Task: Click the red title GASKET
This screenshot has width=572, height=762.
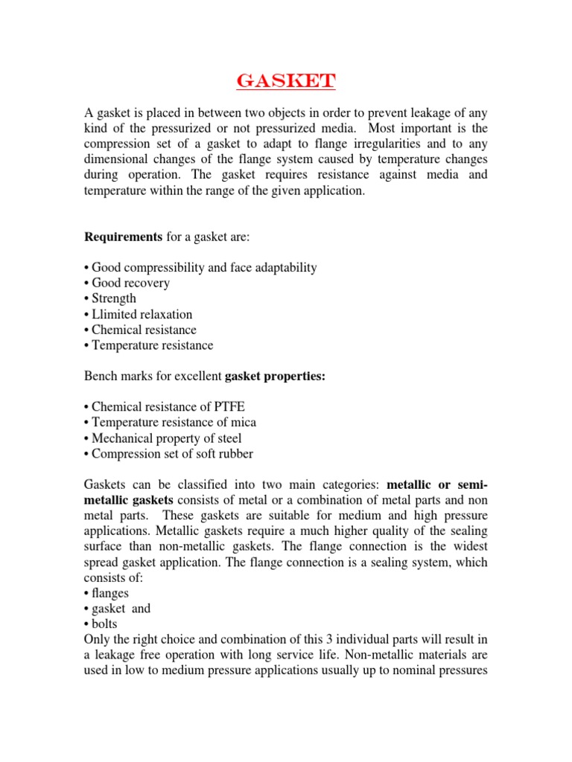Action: (x=285, y=80)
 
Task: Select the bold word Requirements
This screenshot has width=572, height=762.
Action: (x=122, y=236)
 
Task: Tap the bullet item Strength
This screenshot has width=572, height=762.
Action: (x=114, y=298)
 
